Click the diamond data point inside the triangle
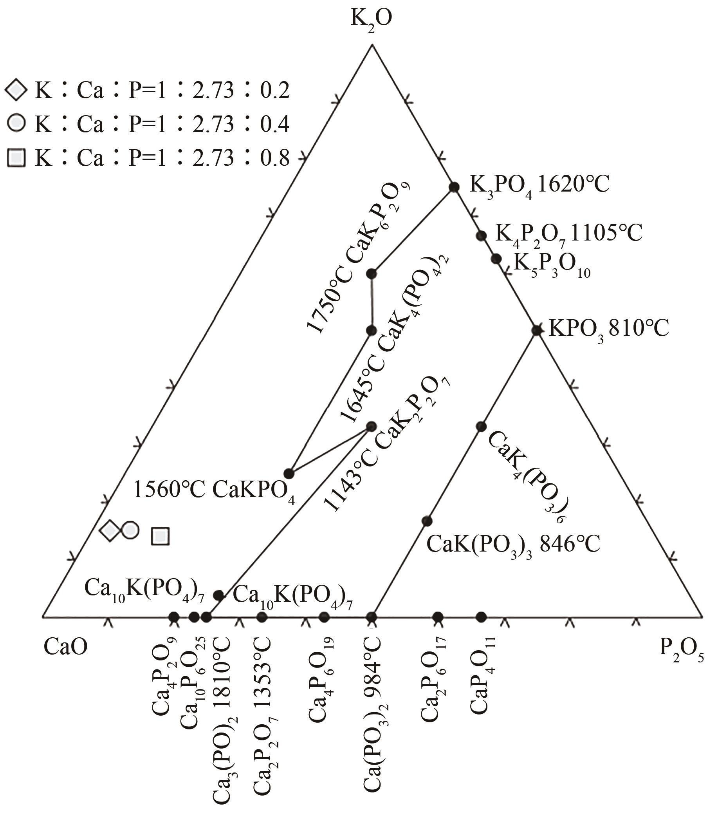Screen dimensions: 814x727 coord(110,531)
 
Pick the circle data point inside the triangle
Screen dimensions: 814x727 coord(130,530)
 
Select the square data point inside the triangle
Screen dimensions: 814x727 coord(161,536)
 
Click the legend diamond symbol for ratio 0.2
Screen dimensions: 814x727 coord(16,90)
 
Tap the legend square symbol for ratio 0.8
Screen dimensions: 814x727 coord(16,157)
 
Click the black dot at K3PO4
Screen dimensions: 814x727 coord(454,186)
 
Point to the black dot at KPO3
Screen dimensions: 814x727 coord(537,330)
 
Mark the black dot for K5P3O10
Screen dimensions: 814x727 coord(496,259)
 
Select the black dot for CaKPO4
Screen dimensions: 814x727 coord(289,474)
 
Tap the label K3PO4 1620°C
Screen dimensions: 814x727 coord(539,185)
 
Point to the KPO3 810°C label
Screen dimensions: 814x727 coord(609,329)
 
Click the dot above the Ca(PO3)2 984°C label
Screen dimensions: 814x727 coord(372,617)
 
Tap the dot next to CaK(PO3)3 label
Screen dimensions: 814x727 coord(427,521)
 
